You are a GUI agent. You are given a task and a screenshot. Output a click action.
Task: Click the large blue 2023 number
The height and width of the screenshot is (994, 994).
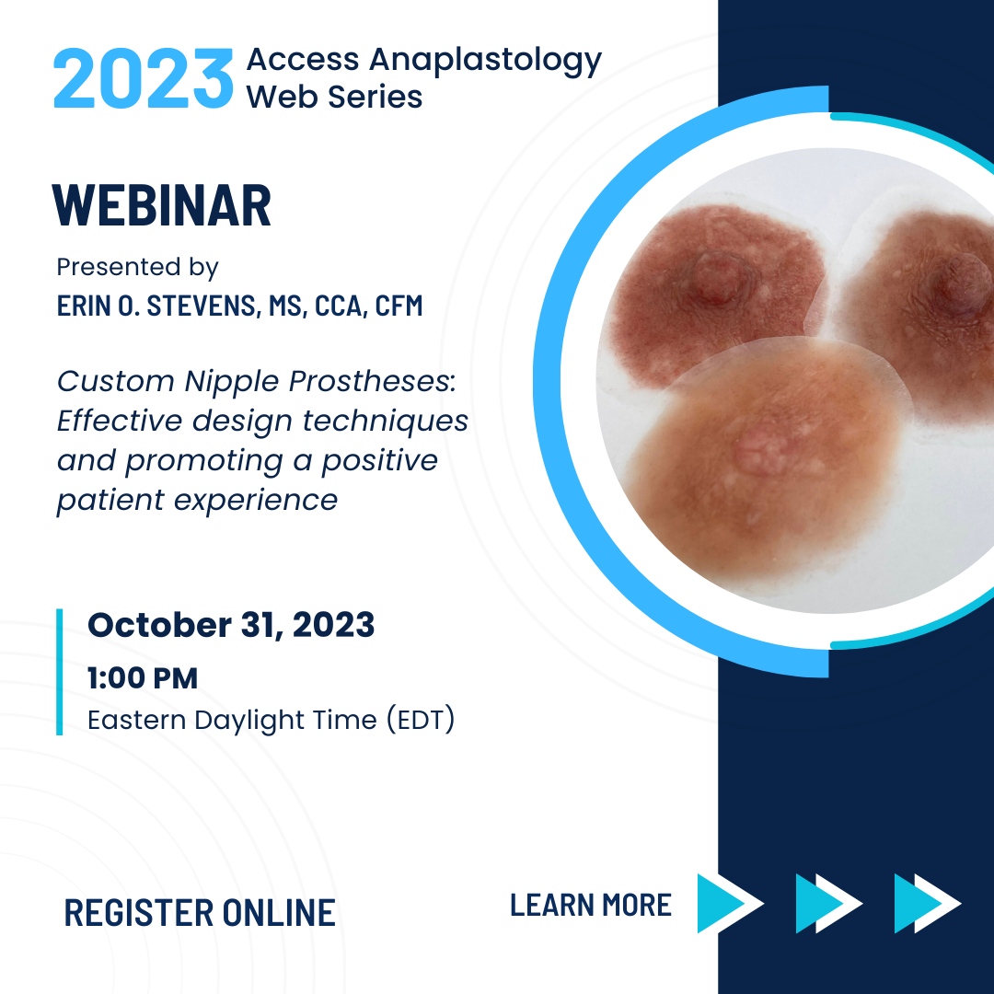tap(144, 78)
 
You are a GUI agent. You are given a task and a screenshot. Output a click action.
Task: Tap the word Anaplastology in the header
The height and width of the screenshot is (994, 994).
tap(486, 61)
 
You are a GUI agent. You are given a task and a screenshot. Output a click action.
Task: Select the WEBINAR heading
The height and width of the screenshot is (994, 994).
tap(162, 205)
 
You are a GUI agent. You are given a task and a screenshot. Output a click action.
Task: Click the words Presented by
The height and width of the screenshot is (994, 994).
tap(137, 268)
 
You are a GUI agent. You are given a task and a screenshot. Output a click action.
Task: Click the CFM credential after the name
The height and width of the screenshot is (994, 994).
tap(399, 306)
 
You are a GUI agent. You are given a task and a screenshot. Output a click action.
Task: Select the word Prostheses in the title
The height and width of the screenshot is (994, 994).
tap(372, 382)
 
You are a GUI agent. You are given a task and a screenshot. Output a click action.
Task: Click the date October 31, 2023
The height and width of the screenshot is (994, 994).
tap(231, 625)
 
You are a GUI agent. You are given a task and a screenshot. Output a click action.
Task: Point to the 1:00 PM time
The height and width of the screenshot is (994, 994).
tap(143, 677)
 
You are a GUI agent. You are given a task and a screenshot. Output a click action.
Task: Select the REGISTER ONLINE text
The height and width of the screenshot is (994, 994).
tap(200, 913)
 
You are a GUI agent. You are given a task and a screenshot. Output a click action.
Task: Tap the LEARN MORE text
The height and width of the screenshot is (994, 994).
tap(591, 905)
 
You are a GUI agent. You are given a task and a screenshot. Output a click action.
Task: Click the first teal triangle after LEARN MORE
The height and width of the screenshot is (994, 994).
tap(719, 904)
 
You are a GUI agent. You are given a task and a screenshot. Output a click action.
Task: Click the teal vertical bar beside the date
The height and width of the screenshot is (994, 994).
tap(60, 672)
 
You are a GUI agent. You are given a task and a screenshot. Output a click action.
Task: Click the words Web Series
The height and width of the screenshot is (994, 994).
tap(334, 97)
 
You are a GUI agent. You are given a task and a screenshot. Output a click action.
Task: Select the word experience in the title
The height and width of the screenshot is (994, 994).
tap(256, 501)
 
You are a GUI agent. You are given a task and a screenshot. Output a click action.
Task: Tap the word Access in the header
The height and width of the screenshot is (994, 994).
tap(303, 60)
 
